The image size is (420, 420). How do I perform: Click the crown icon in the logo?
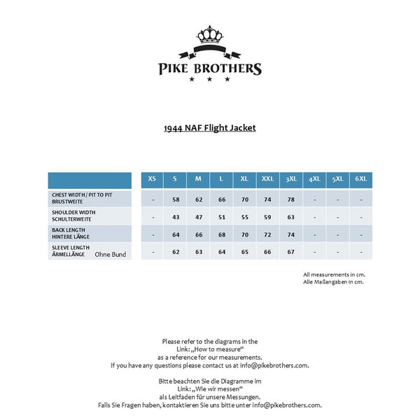pos(209,34)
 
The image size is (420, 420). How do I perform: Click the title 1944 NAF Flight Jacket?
pos(209,128)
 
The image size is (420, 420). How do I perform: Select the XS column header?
pos(152,179)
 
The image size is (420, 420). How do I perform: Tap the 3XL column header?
pos(291,179)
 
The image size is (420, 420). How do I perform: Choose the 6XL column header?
pos(361,179)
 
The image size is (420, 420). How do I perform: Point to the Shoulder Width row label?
pos(73,216)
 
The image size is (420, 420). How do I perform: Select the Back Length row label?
pos(69,234)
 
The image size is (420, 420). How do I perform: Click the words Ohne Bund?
pos(111,254)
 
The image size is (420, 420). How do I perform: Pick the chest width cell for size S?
pos(176,199)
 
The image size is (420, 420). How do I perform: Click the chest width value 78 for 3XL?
pos(291,199)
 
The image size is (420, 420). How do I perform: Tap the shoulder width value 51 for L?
pos(222,217)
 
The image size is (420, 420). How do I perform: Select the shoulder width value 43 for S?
pos(176,217)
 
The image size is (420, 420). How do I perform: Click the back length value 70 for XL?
pos(245,234)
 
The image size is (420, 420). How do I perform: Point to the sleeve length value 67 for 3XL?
pos(291,252)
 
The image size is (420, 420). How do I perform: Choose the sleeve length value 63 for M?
pos(199,252)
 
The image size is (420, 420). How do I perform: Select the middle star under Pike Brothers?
pos(209,79)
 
